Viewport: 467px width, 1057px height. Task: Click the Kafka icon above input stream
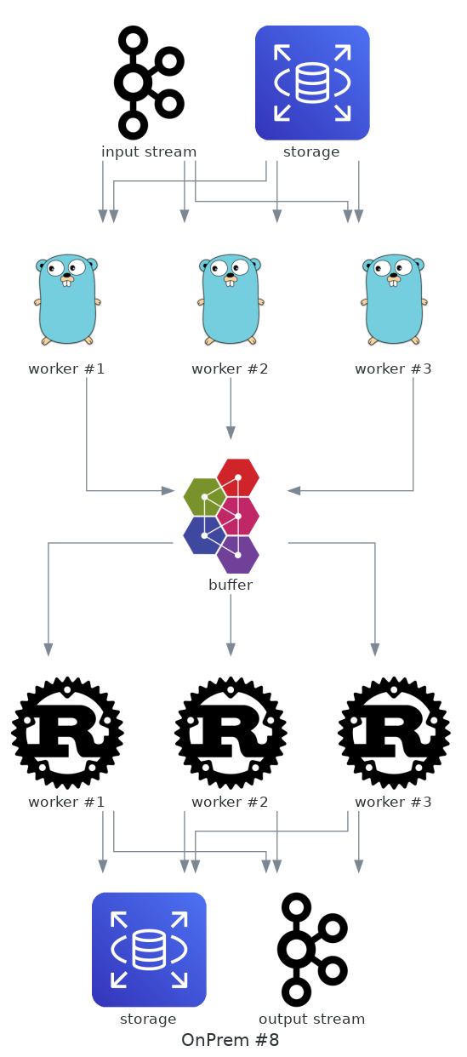coord(149,83)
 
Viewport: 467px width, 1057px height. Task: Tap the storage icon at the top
coord(312,83)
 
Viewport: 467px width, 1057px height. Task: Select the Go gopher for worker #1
coord(67,300)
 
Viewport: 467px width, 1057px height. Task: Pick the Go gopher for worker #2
coord(231,300)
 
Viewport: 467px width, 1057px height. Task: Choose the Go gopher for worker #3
coord(394,300)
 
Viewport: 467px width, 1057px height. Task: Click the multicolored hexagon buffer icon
coord(221,516)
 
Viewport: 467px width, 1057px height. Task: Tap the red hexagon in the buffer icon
coord(238,477)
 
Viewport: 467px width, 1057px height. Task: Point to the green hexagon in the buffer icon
coord(204,496)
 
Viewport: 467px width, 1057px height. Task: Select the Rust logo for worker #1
coord(67,733)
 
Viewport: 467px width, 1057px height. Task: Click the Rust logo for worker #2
coord(231,733)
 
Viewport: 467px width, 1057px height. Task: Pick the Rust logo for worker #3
coord(394,733)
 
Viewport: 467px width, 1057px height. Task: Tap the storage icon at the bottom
coord(149,950)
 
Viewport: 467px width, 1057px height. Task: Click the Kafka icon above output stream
coord(312,950)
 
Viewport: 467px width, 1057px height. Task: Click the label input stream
coord(149,152)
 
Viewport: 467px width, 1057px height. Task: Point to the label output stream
coord(312,1019)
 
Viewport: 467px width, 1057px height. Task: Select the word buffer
coord(231,586)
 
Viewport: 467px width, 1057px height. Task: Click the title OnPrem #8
coord(231,1040)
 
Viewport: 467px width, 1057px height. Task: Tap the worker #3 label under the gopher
coord(393,369)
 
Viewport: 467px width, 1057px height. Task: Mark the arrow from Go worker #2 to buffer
coord(231,409)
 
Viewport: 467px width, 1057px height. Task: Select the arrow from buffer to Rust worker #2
coord(231,626)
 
